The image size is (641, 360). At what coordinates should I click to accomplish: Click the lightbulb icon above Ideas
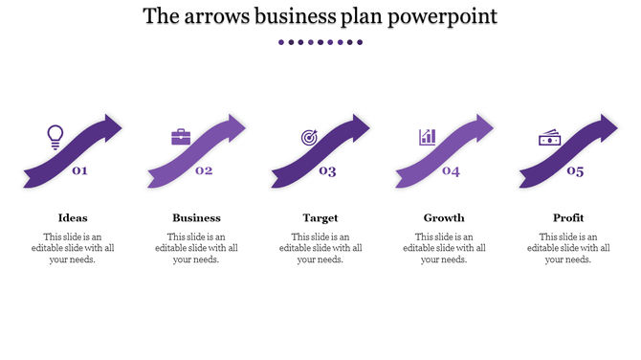click(x=55, y=137)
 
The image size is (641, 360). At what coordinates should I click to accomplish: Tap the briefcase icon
click(x=181, y=137)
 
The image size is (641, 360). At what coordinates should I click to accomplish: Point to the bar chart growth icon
click(x=427, y=137)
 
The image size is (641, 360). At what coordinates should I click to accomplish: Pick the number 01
click(x=80, y=171)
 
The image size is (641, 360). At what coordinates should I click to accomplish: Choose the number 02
click(x=204, y=171)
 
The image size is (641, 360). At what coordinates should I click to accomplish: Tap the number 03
click(x=328, y=171)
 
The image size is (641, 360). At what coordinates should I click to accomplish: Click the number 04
click(x=451, y=171)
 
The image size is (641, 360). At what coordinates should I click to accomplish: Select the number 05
click(x=575, y=171)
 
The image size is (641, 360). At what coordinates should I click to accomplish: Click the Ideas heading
click(x=73, y=217)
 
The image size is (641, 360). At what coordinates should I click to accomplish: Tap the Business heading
click(x=196, y=217)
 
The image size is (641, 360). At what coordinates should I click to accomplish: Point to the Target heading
click(x=320, y=217)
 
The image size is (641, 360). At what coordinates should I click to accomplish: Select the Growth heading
click(x=444, y=217)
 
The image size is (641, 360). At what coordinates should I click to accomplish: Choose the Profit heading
click(x=568, y=217)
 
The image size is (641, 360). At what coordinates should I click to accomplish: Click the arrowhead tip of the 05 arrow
click(x=613, y=124)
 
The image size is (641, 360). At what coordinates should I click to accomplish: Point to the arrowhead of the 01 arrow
click(x=117, y=124)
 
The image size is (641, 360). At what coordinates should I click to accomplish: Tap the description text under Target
click(x=320, y=248)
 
